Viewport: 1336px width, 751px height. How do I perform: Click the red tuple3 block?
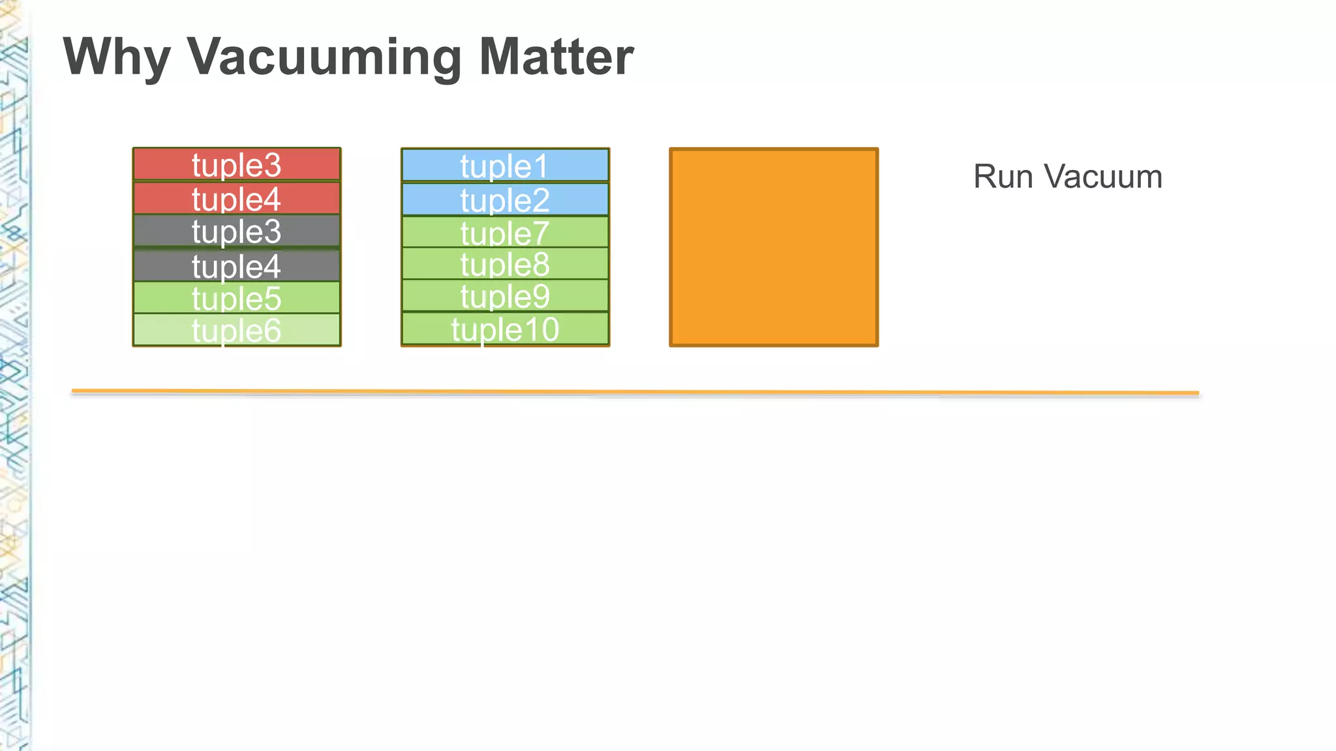click(x=236, y=164)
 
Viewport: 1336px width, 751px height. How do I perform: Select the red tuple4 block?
click(x=236, y=198)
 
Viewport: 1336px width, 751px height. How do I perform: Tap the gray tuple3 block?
click(x=236, y=231)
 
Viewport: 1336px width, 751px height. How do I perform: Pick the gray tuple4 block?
click(x=236, y=265)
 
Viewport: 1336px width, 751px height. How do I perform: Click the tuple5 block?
click(x=236, y=298)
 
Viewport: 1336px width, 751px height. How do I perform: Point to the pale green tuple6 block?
click(x=236, y=330)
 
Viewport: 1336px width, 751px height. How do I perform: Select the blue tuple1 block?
click(x=505, y=166)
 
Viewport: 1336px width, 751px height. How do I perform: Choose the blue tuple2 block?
click(x=505, y=199)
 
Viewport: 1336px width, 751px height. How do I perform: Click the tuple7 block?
click(x=505, y=232)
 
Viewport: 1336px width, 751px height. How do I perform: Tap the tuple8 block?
click(x=505, y=264)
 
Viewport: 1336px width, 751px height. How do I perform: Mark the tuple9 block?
click(x=505, y=296)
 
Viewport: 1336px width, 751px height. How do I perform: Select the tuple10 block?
click(x=505, y=329)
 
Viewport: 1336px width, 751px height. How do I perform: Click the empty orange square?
click(x=774, y=247)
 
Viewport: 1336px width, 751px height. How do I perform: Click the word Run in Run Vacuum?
click(x=1003, y=177)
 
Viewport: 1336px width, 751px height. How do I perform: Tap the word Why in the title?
click(x=117, y=57)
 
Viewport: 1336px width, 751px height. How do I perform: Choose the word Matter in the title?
click(x=556, y=57)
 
